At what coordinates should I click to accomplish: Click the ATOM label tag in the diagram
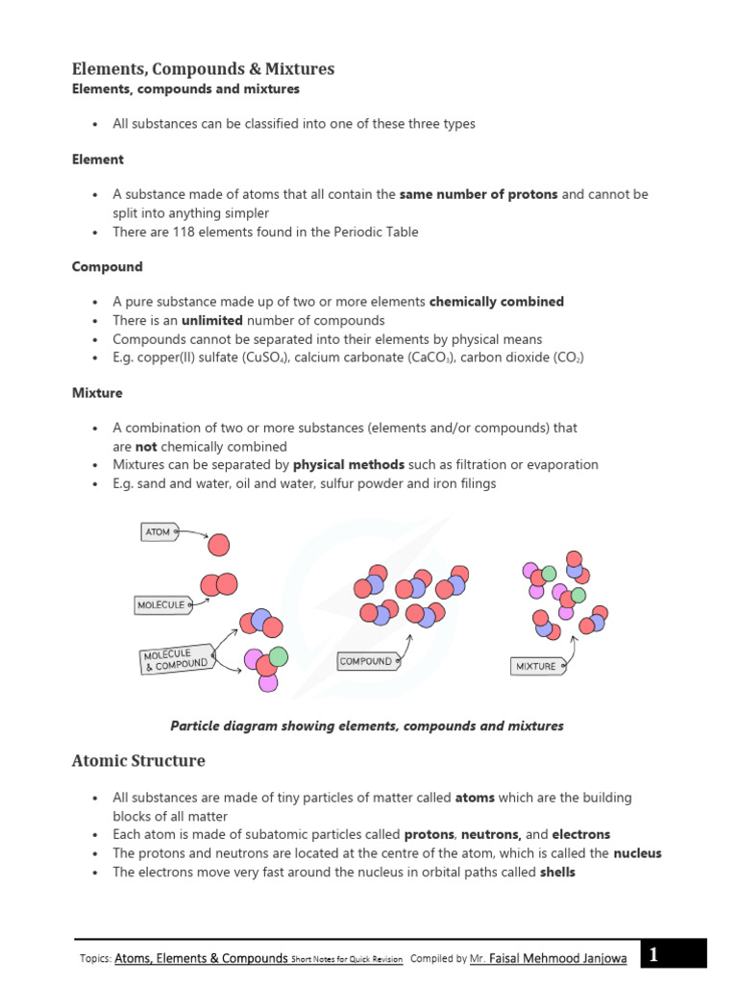coord(159,531)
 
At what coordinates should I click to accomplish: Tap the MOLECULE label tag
coord(160,605)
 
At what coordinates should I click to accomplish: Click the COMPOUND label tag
coord(366,661)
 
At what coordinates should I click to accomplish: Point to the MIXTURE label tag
coord(536,666)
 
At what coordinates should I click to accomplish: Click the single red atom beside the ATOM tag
coord(219,545)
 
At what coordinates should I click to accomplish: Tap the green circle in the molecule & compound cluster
coord(278,656)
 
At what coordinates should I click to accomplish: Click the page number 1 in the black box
coord(653,955)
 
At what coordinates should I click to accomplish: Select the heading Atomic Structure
coord(138,761)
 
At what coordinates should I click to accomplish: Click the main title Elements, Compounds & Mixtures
coord(203,69)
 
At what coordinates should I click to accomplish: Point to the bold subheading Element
coord(98,160)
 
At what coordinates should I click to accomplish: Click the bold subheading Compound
coord(107,267)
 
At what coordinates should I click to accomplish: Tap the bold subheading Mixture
coord(97,393)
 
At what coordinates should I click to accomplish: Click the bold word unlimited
coord(212,320)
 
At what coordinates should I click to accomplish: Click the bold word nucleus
coord(637,853)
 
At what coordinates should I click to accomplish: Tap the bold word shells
coord(551,873)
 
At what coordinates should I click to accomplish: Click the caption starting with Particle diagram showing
coord(366,726)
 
